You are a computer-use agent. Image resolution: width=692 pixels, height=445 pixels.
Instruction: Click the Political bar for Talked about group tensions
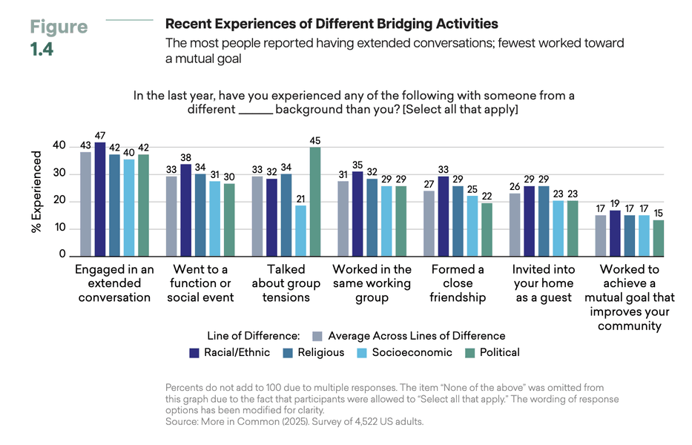314,201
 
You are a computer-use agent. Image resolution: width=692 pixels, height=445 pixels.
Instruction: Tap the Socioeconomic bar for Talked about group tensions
300,231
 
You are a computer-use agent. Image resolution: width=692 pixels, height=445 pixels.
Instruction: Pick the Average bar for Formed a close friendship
429,222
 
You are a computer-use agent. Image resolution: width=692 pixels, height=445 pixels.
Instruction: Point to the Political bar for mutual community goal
659,237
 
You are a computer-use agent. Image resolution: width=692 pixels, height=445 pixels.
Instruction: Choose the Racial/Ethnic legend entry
230,352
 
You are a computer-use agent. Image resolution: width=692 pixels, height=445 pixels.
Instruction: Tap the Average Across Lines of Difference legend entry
408,335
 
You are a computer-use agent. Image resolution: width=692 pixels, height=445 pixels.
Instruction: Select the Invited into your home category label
542,283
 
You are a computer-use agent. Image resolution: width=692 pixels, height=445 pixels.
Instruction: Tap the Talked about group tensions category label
286,283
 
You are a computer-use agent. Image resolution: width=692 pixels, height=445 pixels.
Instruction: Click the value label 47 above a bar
99,136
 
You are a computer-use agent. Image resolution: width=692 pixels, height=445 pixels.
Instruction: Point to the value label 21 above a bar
300,199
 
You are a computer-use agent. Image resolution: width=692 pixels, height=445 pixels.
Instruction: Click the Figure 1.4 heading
58,39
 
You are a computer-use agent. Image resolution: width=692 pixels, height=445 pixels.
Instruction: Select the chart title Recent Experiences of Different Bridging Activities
332,24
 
